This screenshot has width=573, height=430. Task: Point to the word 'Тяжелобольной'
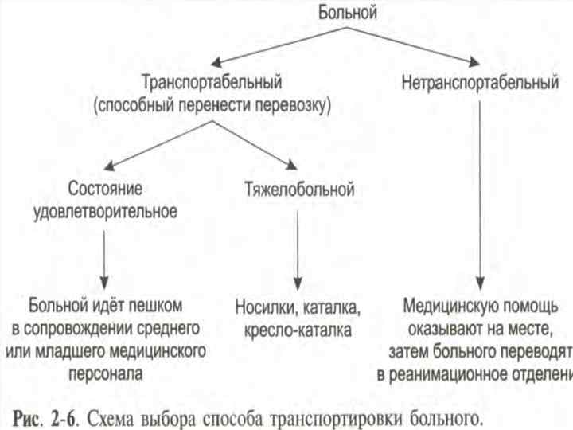tap(298, 190)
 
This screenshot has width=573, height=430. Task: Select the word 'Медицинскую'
tap(452, 307)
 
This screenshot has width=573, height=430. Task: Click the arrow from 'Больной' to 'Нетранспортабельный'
tap(414, 44)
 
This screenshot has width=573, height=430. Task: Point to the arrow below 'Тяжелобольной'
tap(297, 247)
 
